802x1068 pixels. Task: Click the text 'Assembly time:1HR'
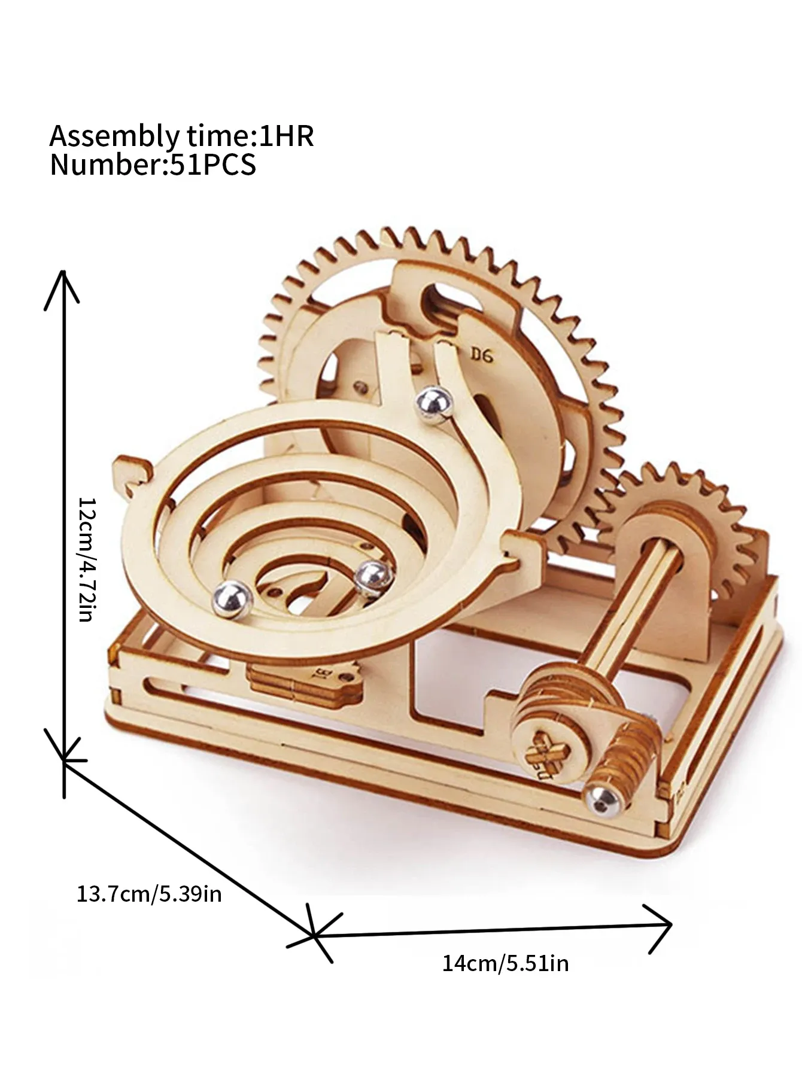coord(181,136)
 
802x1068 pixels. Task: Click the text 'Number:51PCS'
coord(153,165)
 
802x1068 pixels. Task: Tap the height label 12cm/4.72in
coord(86,559)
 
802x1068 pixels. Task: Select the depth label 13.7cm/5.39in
coord(149,894)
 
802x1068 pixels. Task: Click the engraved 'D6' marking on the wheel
coord(481,355)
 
